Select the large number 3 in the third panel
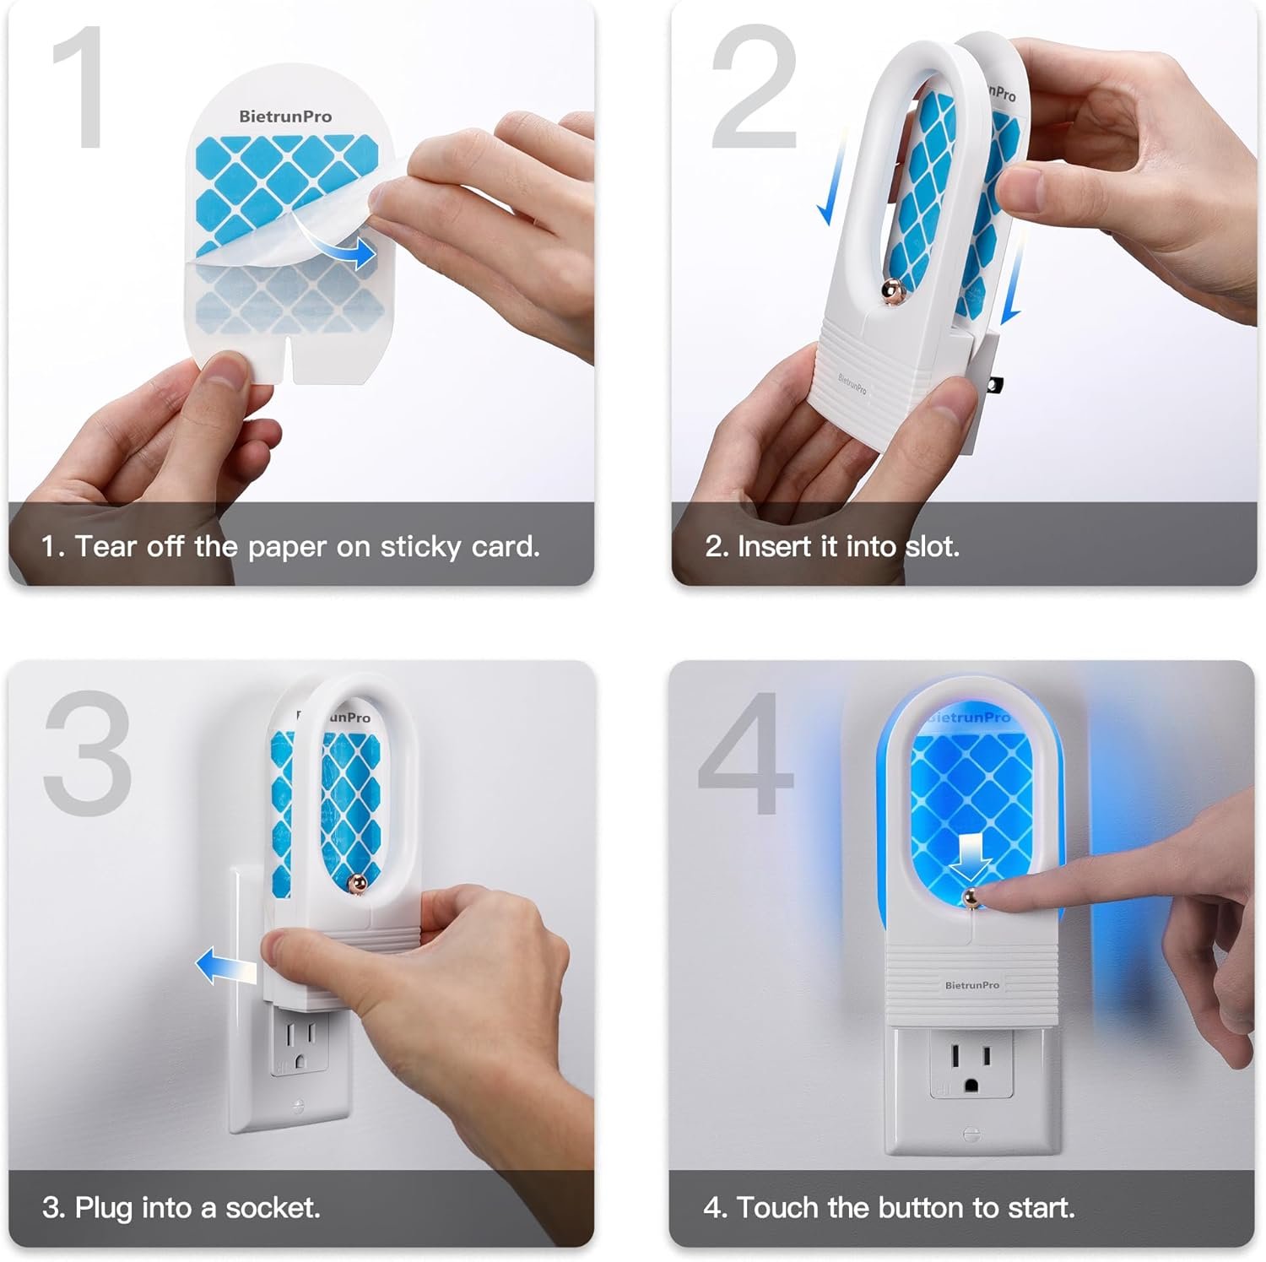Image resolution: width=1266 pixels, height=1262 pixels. [x=88, y=752]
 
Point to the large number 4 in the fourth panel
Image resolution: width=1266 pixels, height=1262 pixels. [x=747, y=752]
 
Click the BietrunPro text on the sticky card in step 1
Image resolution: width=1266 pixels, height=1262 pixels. [x=285, y=116]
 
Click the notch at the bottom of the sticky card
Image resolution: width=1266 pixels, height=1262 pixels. [x=289, y=360]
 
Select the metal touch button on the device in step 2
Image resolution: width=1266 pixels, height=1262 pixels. [x=892, y=292]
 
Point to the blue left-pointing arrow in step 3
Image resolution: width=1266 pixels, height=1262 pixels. [x=226, y=967]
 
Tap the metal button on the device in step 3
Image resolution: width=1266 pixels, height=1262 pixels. [x=357, y=884]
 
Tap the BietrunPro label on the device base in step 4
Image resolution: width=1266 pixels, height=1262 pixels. [x=971, y=985]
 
